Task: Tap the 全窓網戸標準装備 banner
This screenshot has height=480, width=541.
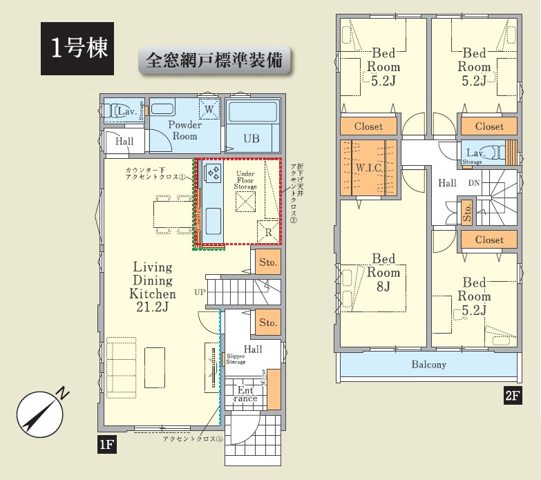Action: (x=215, y=60)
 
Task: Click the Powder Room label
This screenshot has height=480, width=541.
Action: (x=184, y=131)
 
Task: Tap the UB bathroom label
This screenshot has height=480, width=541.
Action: (x=251, y=139)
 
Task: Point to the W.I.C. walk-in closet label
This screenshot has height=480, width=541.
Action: (x=369, y=168)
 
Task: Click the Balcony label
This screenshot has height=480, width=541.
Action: (x=429, y=365)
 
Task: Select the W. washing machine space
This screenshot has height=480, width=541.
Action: (x=209, y=109)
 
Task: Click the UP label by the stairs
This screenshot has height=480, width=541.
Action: (x=200, y=291)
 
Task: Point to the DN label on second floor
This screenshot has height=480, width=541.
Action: (x=474, y=183)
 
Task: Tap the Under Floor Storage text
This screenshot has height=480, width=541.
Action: (x=246, y=181)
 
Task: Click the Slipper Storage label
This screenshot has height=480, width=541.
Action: (x=236, y=359)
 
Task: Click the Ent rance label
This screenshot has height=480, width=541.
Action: (x=245, y=394)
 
